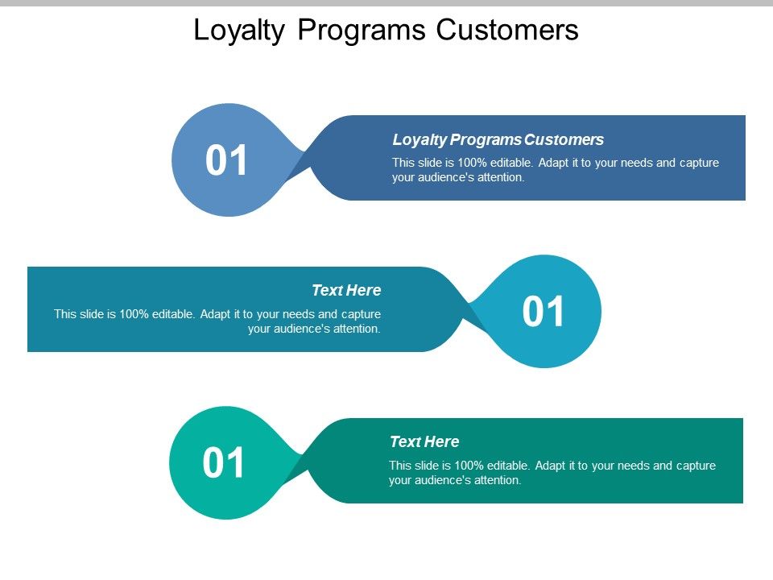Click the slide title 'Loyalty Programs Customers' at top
tap(386, 30)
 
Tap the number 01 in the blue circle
tap(227, 160)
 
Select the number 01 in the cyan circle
tap(544, 312)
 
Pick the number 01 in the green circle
tap(225, 463)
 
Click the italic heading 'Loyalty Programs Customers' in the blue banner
tap(498, 139)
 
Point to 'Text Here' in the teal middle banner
tap(346, 290)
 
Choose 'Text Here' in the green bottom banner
tap(424, 441)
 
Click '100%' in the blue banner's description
tap(469, 163)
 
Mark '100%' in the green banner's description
tap(465, 466)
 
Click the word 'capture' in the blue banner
tap(699, 163)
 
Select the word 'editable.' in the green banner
tap(506, 466)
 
